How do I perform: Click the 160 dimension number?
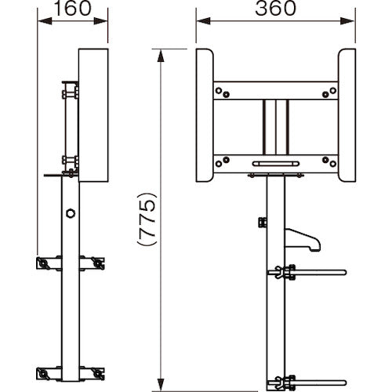[73, 9]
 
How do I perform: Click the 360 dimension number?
[275, 9]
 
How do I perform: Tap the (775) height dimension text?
[147, 219]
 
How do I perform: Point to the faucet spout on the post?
[303, 239]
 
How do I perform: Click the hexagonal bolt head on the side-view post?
[71, 213]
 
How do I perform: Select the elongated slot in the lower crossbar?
[276, 164]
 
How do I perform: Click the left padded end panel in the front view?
[205, 115]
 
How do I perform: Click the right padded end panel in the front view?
[347, 115]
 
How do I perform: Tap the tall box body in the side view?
[93, 115]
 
